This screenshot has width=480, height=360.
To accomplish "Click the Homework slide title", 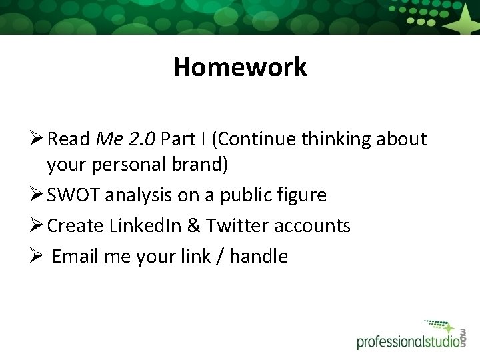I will pos(240,67).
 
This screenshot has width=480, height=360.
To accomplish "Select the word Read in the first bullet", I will pos(70,139).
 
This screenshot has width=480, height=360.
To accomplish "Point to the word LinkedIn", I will pos(153,225).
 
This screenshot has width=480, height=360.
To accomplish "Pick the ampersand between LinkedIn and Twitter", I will pos(194,225).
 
